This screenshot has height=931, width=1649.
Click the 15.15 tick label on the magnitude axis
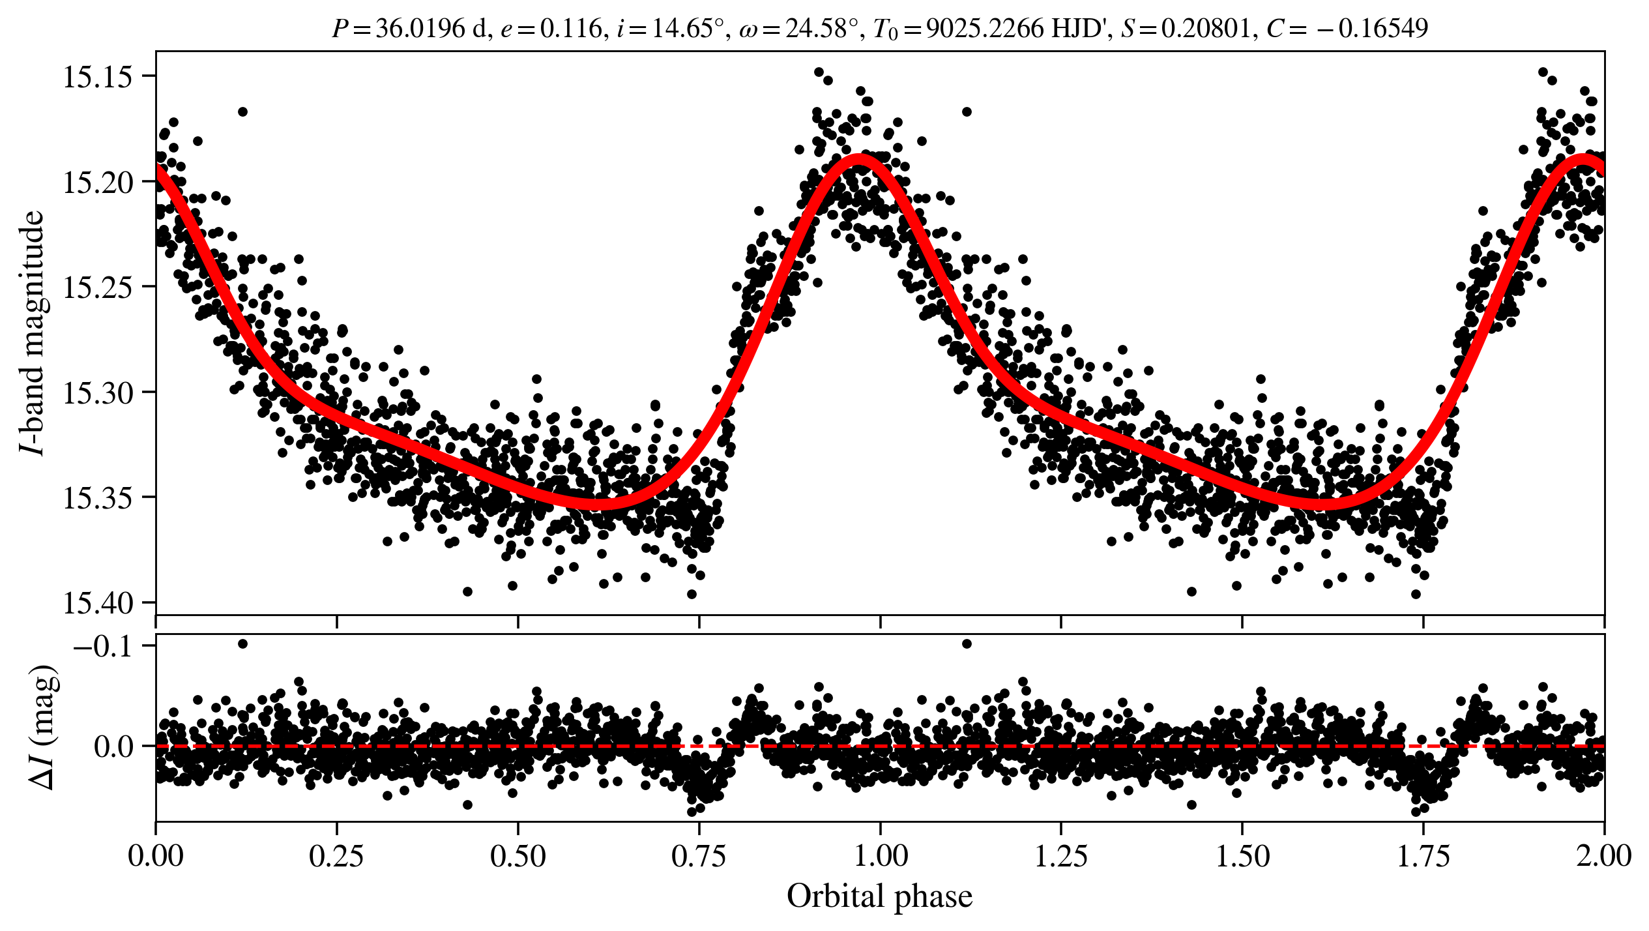96,77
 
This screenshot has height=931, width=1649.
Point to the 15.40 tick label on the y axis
96,603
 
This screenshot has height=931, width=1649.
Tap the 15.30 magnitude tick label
96,392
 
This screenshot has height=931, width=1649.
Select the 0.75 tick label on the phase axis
699,856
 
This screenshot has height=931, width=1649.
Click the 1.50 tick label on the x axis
1242,856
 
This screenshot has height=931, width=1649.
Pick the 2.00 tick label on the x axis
1603,856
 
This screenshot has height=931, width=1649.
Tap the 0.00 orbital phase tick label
156,856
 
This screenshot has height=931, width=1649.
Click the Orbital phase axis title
879,896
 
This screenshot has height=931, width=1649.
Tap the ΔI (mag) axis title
44,727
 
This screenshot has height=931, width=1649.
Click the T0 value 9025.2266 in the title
985,28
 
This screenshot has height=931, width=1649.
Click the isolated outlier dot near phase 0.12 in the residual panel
242,644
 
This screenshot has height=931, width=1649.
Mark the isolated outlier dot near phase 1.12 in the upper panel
967,111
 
